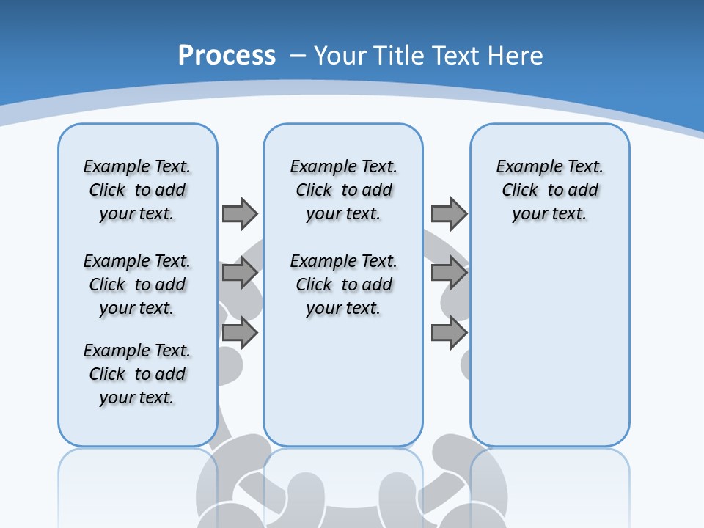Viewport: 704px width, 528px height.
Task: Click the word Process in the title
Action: [227, 56]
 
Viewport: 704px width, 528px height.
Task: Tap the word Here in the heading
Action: [516, 56]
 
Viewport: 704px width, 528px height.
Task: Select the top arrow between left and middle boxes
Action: [239, 213]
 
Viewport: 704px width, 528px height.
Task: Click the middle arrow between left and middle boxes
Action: [239, 274]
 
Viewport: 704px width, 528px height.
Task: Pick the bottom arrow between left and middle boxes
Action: [239, 334]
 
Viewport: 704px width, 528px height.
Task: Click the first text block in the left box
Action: [137, 190]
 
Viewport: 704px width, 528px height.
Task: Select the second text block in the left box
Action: [137, 285]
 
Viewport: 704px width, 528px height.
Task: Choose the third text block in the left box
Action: [137, 374]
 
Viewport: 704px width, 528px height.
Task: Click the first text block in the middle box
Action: [343, 190]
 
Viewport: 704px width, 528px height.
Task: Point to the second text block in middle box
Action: [343, 285]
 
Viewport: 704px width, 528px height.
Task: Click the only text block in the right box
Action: [549, 190]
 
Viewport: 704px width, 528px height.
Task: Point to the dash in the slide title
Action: [298, 56]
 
